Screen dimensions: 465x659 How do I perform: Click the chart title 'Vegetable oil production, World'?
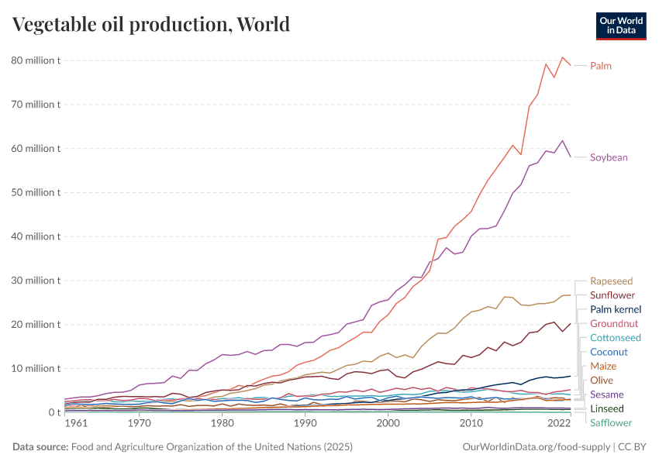pyautogui.click(x=151, y=24)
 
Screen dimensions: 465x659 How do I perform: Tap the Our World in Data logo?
pyautogui.click(x=620, y=25)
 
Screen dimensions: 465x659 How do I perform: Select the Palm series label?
pyautogui.click(x=601, y=66)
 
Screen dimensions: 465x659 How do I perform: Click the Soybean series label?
pyautogui.click(x=609, y=157)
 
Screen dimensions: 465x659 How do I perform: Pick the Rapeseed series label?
pyautogui.click(x=611, y=281)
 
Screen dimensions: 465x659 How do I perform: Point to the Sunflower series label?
pyautogui.click(x=612, y=295)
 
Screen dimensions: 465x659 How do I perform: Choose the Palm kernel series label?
pyautogui.click(x=616, y=309)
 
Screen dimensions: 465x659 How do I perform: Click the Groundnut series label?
pyautogui.click(x=614, y=323)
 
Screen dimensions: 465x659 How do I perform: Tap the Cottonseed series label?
pyautogui.click(x=616, y=338)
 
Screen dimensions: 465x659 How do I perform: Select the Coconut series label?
pyautogui.click(x=609, y=352)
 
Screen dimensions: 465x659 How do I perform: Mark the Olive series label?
pyautogui.click(x=602, y=380)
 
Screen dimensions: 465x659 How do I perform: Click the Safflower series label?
pyautogui.click(x=611, y=422)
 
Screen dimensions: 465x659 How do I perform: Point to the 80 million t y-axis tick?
pyautogui.click(x=36, y=60)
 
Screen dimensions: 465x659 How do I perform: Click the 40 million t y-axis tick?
pyautogui.click(x=36, y=236)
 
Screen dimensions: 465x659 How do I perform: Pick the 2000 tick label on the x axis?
pyautogui.click(x=388, y=424)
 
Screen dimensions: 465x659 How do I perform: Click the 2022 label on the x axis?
pyautogui.click(x=560, y=424)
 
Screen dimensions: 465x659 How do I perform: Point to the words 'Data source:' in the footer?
pyautogui.click(x=40, y=447)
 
